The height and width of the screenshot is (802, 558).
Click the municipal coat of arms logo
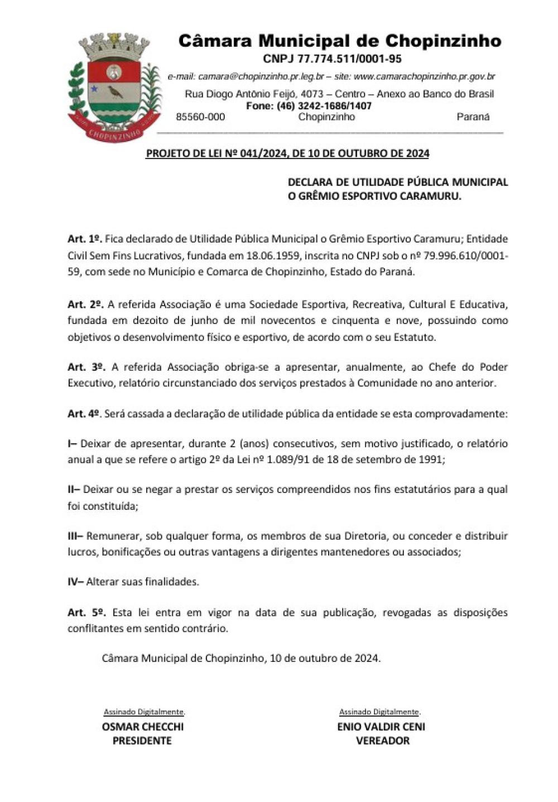114,86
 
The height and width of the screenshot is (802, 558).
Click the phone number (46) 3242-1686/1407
324,106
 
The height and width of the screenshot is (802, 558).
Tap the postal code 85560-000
200,117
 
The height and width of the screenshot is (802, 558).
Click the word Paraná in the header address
473,117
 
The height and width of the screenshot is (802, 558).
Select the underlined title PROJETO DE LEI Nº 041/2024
287,153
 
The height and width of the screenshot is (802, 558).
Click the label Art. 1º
84,239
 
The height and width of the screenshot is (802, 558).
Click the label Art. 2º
85,305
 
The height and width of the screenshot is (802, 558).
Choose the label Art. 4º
84,413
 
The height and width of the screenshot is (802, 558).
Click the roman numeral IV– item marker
75,582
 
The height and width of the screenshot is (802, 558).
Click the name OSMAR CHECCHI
142,727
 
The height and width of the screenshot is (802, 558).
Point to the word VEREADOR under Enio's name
382,741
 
